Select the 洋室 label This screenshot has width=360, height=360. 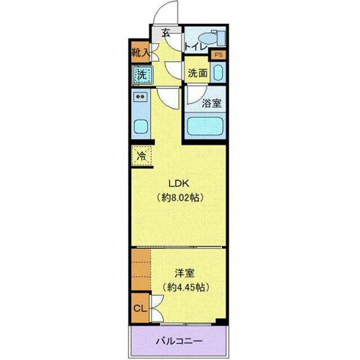[182, 273]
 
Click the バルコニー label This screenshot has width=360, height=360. [178, 341]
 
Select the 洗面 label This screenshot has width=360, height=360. [197, 73]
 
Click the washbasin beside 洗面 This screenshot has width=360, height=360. [217, 73]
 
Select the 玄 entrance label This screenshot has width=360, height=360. [166, 34]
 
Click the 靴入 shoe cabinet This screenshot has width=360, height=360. [140, 52]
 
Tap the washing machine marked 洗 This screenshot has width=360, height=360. [142, 75]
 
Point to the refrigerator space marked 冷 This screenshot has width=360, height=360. [142, 155]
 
